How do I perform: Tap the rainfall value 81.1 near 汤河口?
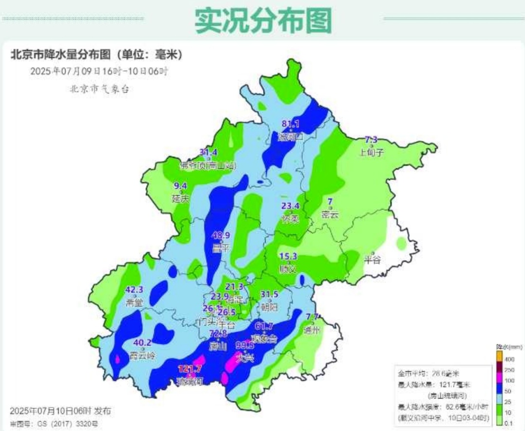pyautogui.click(x=291, y=124)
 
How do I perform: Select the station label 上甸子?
pyautogui.click(x=371, y=152)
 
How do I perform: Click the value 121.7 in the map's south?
pyautogui.click(x=190, y=369)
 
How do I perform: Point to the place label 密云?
pyautogui.click(x=330, y=215)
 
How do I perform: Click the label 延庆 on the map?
pyautogui.click(x=180, y=199)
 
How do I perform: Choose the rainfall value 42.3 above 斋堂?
pyautogui.click(x=134, y=290)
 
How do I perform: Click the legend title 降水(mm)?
pyautogui.click(x=508, y=347)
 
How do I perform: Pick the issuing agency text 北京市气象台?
pyautogui.click(x=100, y=88)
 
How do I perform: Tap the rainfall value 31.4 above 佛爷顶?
pyautogui.click(x=209, y=152)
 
